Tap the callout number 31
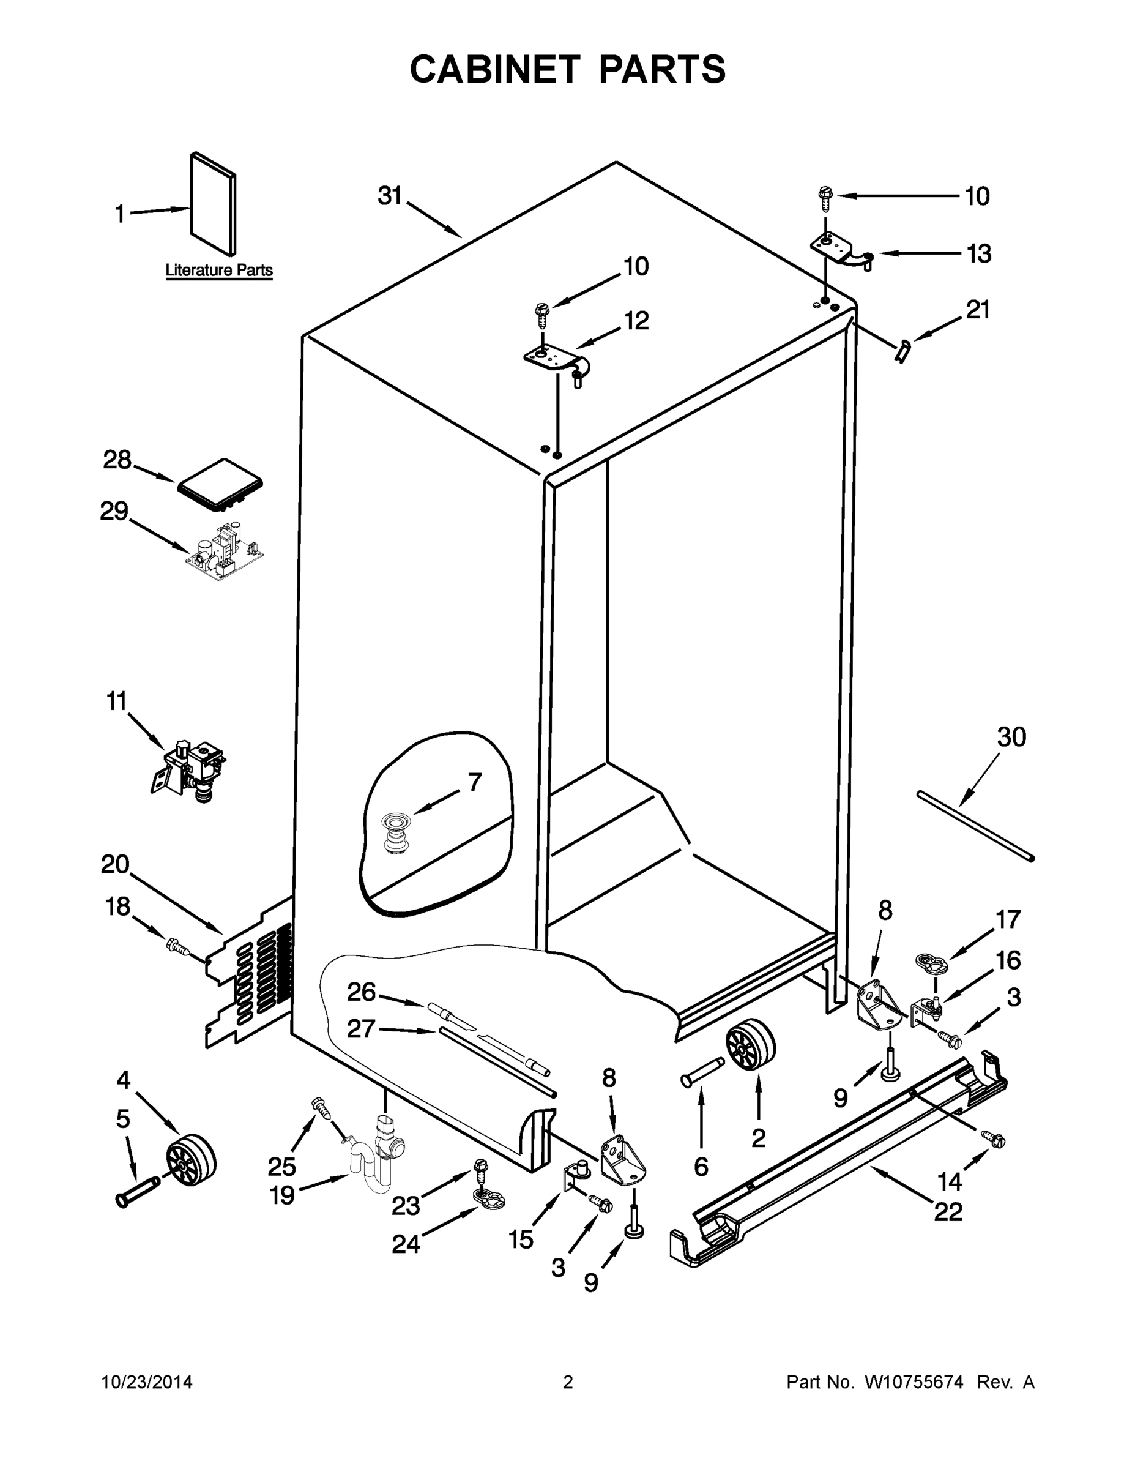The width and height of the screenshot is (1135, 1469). (389, 196)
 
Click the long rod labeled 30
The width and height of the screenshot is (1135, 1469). (975, 826)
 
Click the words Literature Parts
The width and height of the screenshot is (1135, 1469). (219, 271)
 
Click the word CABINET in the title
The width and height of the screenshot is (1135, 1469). (495, 70)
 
